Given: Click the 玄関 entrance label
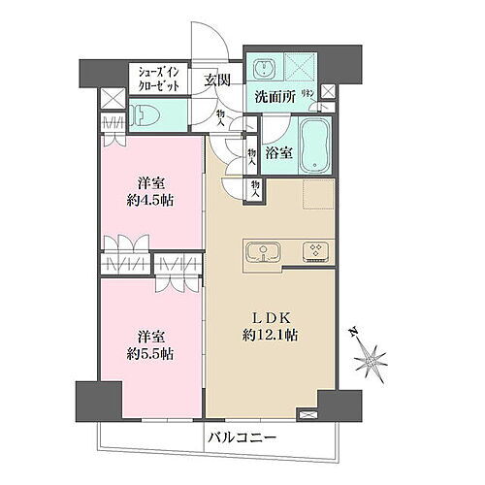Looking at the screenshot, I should pos(216,80).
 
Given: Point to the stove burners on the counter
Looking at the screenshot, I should pos(316,250).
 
